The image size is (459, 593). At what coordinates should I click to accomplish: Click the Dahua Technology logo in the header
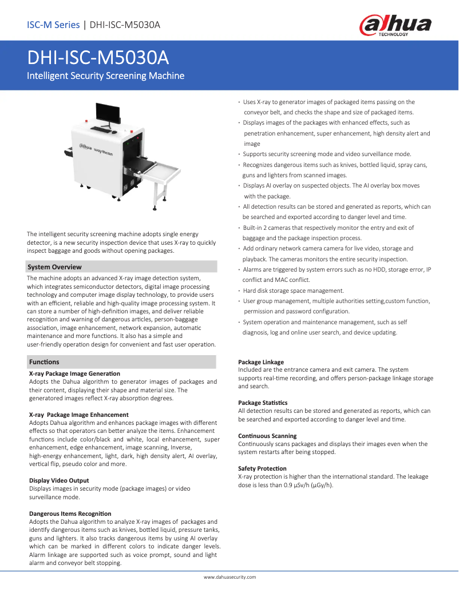click(395, 26)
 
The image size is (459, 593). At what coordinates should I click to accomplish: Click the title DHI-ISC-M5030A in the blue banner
click(98, 58)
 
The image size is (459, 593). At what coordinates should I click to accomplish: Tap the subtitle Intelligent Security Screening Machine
click(106, 76)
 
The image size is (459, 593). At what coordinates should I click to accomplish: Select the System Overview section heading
click(55, 267)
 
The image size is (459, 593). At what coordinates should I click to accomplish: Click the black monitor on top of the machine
click(108, 113)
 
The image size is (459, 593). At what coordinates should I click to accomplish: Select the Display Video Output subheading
click(59, 480)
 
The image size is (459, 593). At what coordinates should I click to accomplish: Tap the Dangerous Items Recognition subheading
click(70, 514)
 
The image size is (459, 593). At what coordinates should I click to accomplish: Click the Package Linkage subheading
click(260, 362)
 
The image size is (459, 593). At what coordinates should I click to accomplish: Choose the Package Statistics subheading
click(263, 403)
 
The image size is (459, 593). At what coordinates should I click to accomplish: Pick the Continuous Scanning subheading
click(267, 436)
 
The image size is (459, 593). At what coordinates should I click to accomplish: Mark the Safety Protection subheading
click(262, 468)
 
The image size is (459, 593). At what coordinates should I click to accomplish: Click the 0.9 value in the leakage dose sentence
click(289, 485)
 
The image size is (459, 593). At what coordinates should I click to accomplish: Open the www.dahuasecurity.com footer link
click(230, 577)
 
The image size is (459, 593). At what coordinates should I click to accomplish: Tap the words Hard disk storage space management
click(294, 290)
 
